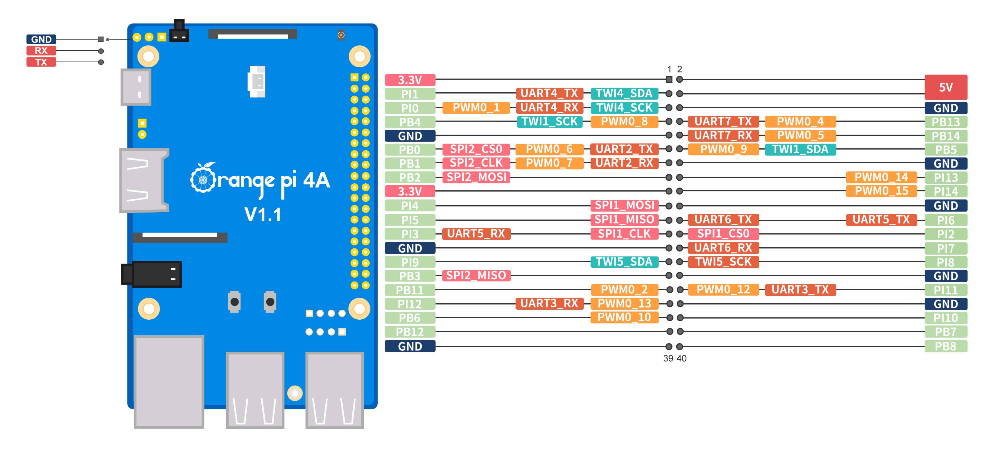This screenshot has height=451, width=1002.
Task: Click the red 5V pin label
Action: [945, 87]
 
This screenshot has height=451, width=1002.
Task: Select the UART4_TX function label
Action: [549, 93]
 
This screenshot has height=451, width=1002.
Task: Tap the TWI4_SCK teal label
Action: [624, 108]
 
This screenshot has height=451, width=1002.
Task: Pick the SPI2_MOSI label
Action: [476, 177]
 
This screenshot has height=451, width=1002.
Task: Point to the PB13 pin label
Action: [945, 122]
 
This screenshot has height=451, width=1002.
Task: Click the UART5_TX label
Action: [881, 220]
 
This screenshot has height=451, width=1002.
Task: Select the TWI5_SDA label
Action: [624, 262]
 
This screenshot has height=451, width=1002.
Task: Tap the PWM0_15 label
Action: [881, 191]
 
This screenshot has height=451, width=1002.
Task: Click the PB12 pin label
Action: [410, 332]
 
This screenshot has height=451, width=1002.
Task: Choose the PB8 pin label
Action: [945, 346]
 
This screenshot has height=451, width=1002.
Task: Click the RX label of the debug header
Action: [41, 51]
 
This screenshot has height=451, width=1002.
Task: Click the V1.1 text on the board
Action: [263, 215]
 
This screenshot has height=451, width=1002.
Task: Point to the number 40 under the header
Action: [681, 358]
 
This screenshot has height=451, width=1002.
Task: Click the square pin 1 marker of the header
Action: [669, 79]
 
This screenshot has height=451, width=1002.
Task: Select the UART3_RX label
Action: [549, 304]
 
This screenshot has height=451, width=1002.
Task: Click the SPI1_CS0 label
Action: [723, 234]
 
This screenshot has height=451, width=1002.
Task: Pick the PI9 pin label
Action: [410, 262]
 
